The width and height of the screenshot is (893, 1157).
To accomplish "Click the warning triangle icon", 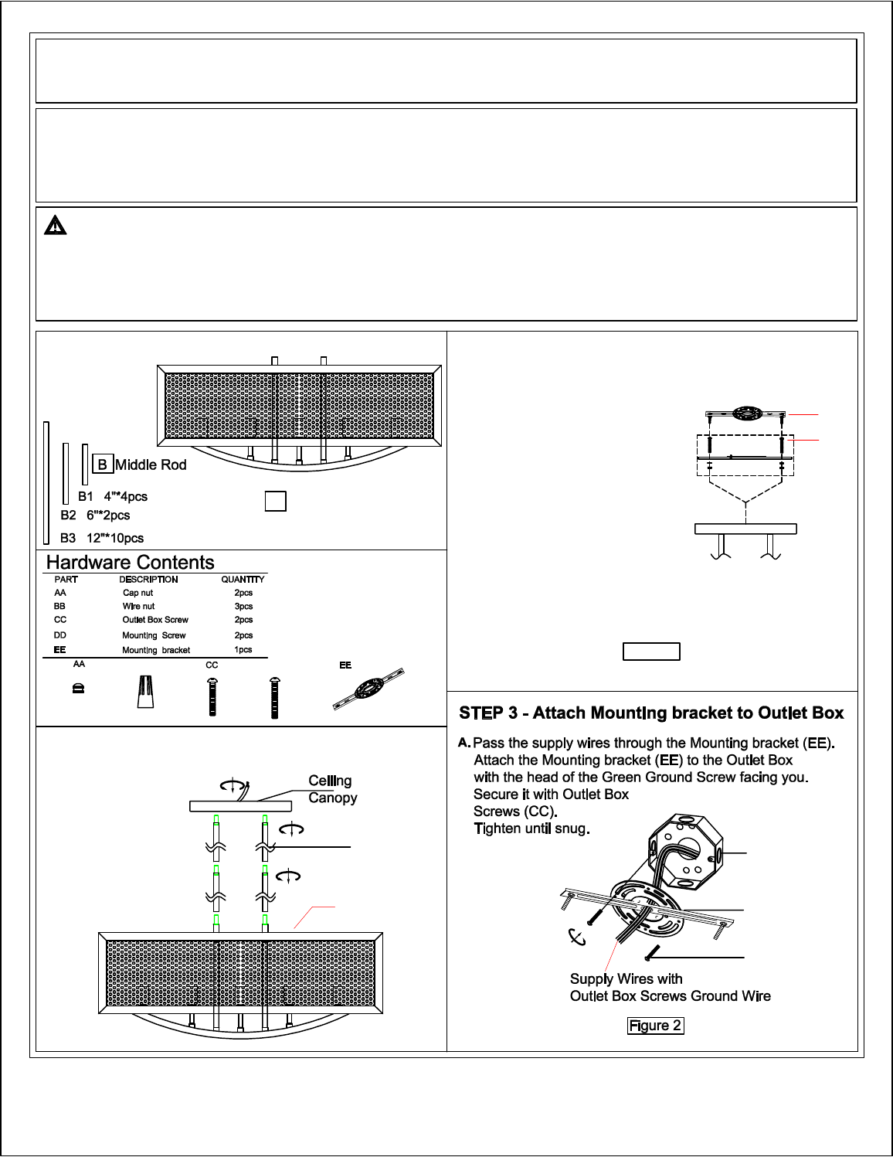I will tap(56, 226).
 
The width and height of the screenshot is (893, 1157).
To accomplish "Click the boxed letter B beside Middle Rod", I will tap(102, 465).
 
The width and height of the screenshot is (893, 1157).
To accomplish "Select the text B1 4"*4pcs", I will tap(113, 497).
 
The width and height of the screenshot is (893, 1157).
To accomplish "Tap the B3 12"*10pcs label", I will tap(102, 539).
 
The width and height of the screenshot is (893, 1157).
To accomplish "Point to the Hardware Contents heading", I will tap(131, 563).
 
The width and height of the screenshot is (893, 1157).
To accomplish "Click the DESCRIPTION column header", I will tap(148, 580).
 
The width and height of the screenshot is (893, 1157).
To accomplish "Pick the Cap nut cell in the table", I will tap(138, 593).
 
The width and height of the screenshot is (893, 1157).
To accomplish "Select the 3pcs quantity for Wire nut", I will tap(243, 607).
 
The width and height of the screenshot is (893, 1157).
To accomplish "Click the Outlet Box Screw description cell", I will tap(155, 620).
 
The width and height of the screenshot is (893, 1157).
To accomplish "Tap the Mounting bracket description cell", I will tap(156, 650).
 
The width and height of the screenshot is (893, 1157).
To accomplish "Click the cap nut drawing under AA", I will tap(78, 689).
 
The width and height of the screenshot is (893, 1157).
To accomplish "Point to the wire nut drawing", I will tap(144, 691).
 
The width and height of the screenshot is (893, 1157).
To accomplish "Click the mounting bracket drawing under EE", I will tap(369, 689).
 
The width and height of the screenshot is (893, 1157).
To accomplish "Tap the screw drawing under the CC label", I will tap(212, 696).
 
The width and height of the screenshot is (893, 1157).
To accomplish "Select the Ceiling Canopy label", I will tap(332, 789).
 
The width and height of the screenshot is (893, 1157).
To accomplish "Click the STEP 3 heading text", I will tap(651, 713).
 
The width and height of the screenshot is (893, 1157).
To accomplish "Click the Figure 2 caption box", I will tap(655, 1026).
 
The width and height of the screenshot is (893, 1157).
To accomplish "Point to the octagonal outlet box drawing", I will tap(685, 849).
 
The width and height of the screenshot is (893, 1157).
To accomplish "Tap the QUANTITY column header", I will tap(243, 580).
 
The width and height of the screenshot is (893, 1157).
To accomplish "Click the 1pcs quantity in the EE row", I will tap(243, 650).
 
